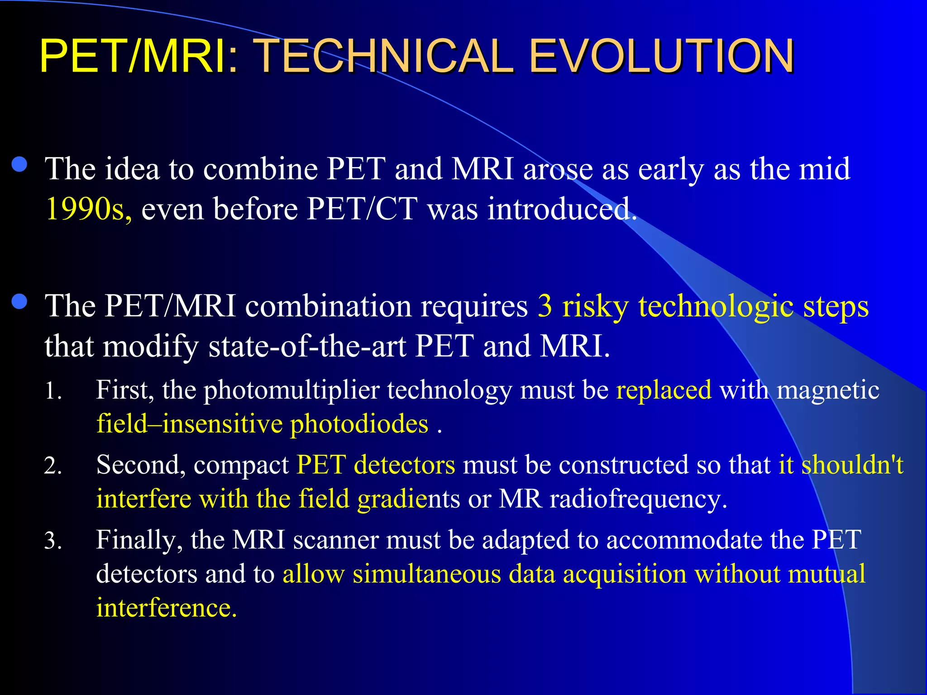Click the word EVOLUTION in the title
coord(661,56)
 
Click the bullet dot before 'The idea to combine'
coord(19,164)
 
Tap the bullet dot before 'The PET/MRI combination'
coord(19,302)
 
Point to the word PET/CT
coord(362,209)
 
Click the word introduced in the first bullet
coord(561,209)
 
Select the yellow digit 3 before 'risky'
coord(545,306)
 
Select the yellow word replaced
coord(664,390)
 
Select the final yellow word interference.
coord(166,608)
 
